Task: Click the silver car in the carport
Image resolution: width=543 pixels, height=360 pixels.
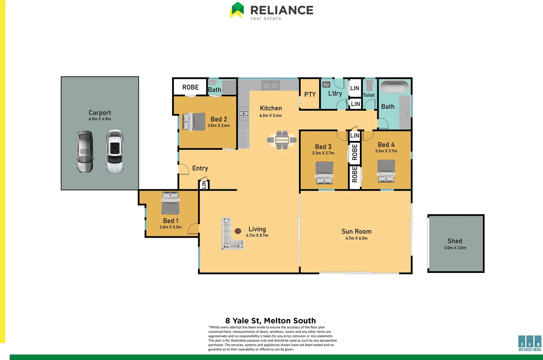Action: coord(85,152)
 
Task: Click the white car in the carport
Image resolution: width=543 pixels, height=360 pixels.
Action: coord(115,152)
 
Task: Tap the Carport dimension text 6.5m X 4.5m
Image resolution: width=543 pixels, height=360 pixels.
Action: coord(100,119)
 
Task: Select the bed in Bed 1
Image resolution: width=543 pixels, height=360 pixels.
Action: coord(170,203)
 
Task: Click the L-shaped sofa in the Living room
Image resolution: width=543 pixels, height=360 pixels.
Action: coord(230,235)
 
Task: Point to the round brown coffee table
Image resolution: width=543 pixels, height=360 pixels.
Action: coord(238,231)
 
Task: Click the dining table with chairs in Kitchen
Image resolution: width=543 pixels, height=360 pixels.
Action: coord(282,140)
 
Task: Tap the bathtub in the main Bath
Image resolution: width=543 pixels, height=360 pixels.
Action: coord(394,87)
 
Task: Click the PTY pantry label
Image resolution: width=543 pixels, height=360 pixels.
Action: coord(310,95)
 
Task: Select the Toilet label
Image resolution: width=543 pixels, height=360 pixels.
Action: coord(369,95)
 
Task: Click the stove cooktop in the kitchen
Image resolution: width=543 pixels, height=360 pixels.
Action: coord(243,113)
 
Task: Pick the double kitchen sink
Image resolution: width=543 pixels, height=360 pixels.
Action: coord(270,86)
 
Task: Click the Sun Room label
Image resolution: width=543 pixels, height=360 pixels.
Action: coord(356,231)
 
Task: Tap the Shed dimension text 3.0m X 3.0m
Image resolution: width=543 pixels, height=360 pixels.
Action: coord(455,248)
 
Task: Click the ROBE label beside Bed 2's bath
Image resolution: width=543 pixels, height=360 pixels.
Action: coord(190,87)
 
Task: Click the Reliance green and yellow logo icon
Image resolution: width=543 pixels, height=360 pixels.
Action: coord(237,10)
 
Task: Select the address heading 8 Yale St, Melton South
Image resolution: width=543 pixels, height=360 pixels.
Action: coord(270,321)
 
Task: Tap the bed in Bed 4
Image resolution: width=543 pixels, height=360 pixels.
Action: coord(386,171)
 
